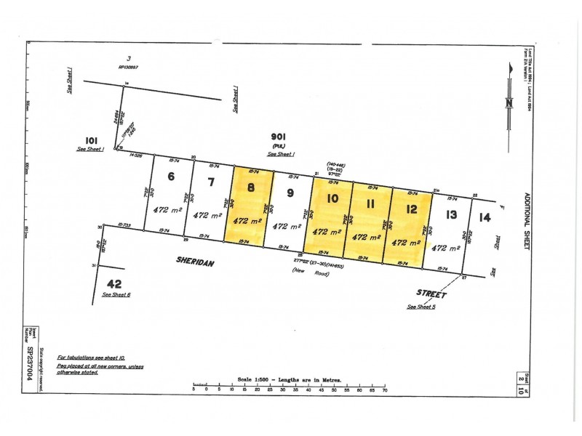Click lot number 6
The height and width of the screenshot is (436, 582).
pyautogui.click(x=172, y=176)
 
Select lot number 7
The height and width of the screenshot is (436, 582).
pyautogui.click(x=211, y=181)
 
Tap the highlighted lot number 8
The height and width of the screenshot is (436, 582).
pyautogui.click(x=251, y=186)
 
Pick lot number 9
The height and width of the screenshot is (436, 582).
pyautogui.click(x=290, y=193)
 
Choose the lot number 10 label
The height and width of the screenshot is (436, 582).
pyautogui.click(x=332, y=198)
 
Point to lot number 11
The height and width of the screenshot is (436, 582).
pyautogui.click(x=370, y=203)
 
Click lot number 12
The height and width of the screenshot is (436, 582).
pyautogui.click(x=411, y=209)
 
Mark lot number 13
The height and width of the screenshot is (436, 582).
pyautogui.click(x=451, y=214)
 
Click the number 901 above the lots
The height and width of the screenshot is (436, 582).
pyautogui.click(x=278, y=136)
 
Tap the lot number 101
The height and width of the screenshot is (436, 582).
pyautogui.click(x=92, y=140)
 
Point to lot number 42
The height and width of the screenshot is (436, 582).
pyautogui.click(x=113, y=283)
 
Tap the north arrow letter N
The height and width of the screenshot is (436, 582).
pyautogui.click(x=509, y=102)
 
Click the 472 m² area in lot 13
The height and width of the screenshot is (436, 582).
pyautogui.click(x=446, y=248)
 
